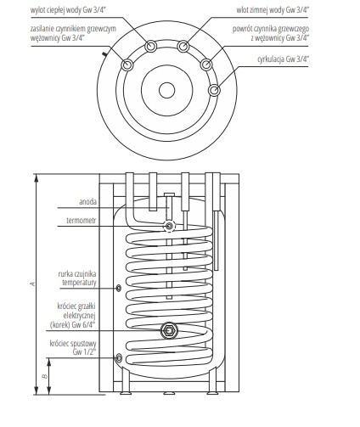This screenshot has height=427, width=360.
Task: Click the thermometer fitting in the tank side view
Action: [170, 226]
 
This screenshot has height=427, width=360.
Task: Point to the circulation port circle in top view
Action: [215, 88]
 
